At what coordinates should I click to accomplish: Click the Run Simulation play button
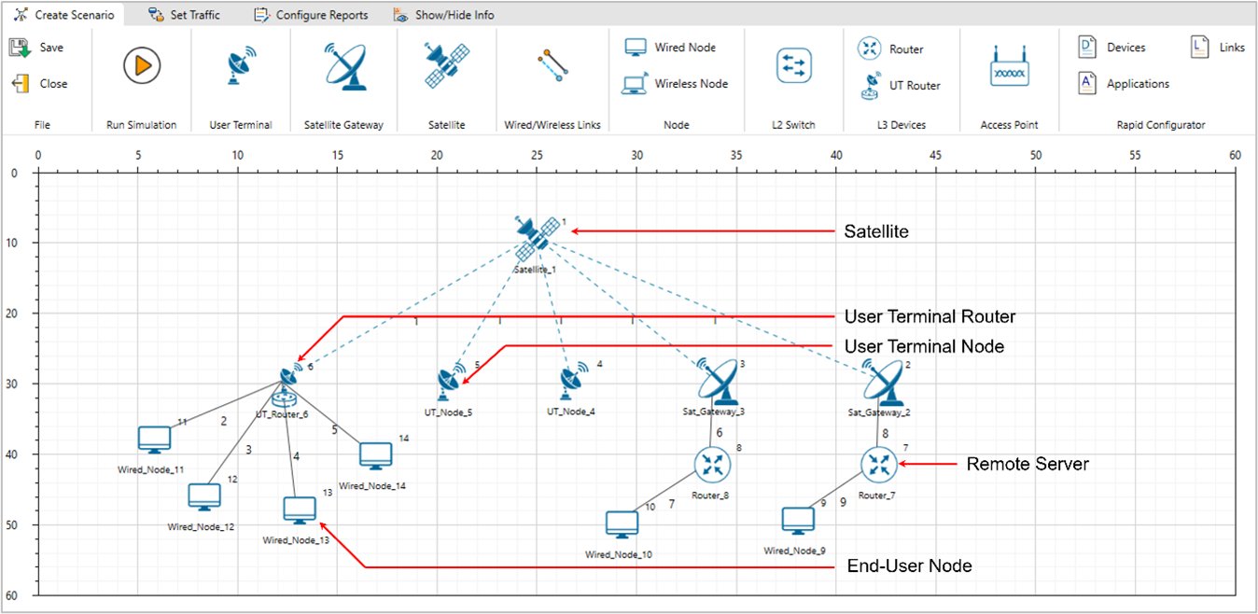pyautogui.click(x=142, y=66)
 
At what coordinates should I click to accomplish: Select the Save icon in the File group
pyautogui.click(x=21, y=48)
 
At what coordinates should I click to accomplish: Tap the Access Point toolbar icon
pyautogui.click(x=1009, y=67)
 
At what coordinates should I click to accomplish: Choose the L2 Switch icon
pyautogui.click(x=794, y=66)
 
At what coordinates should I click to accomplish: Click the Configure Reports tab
pyautogui.click(x=312, y=15)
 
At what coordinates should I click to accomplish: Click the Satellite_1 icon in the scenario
pyautogui.click(x=535, y=237)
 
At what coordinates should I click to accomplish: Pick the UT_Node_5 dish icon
pyautogui.click(x=450, y=381)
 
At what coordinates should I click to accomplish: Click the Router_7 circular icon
pyautogui.click(x=877, y=464)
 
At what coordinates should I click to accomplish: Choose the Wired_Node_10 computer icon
pyautogui.click(x=622, y=524)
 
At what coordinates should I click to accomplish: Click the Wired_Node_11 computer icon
pyautogui.click(x=154, y=439)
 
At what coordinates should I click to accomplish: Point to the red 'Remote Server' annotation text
pyautogui.click(x=1027, y=464)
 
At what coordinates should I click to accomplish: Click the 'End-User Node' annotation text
pyautogui.click(x=908, y=566)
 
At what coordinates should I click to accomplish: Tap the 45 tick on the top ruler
pyautogui.click(x=936, y=156)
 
